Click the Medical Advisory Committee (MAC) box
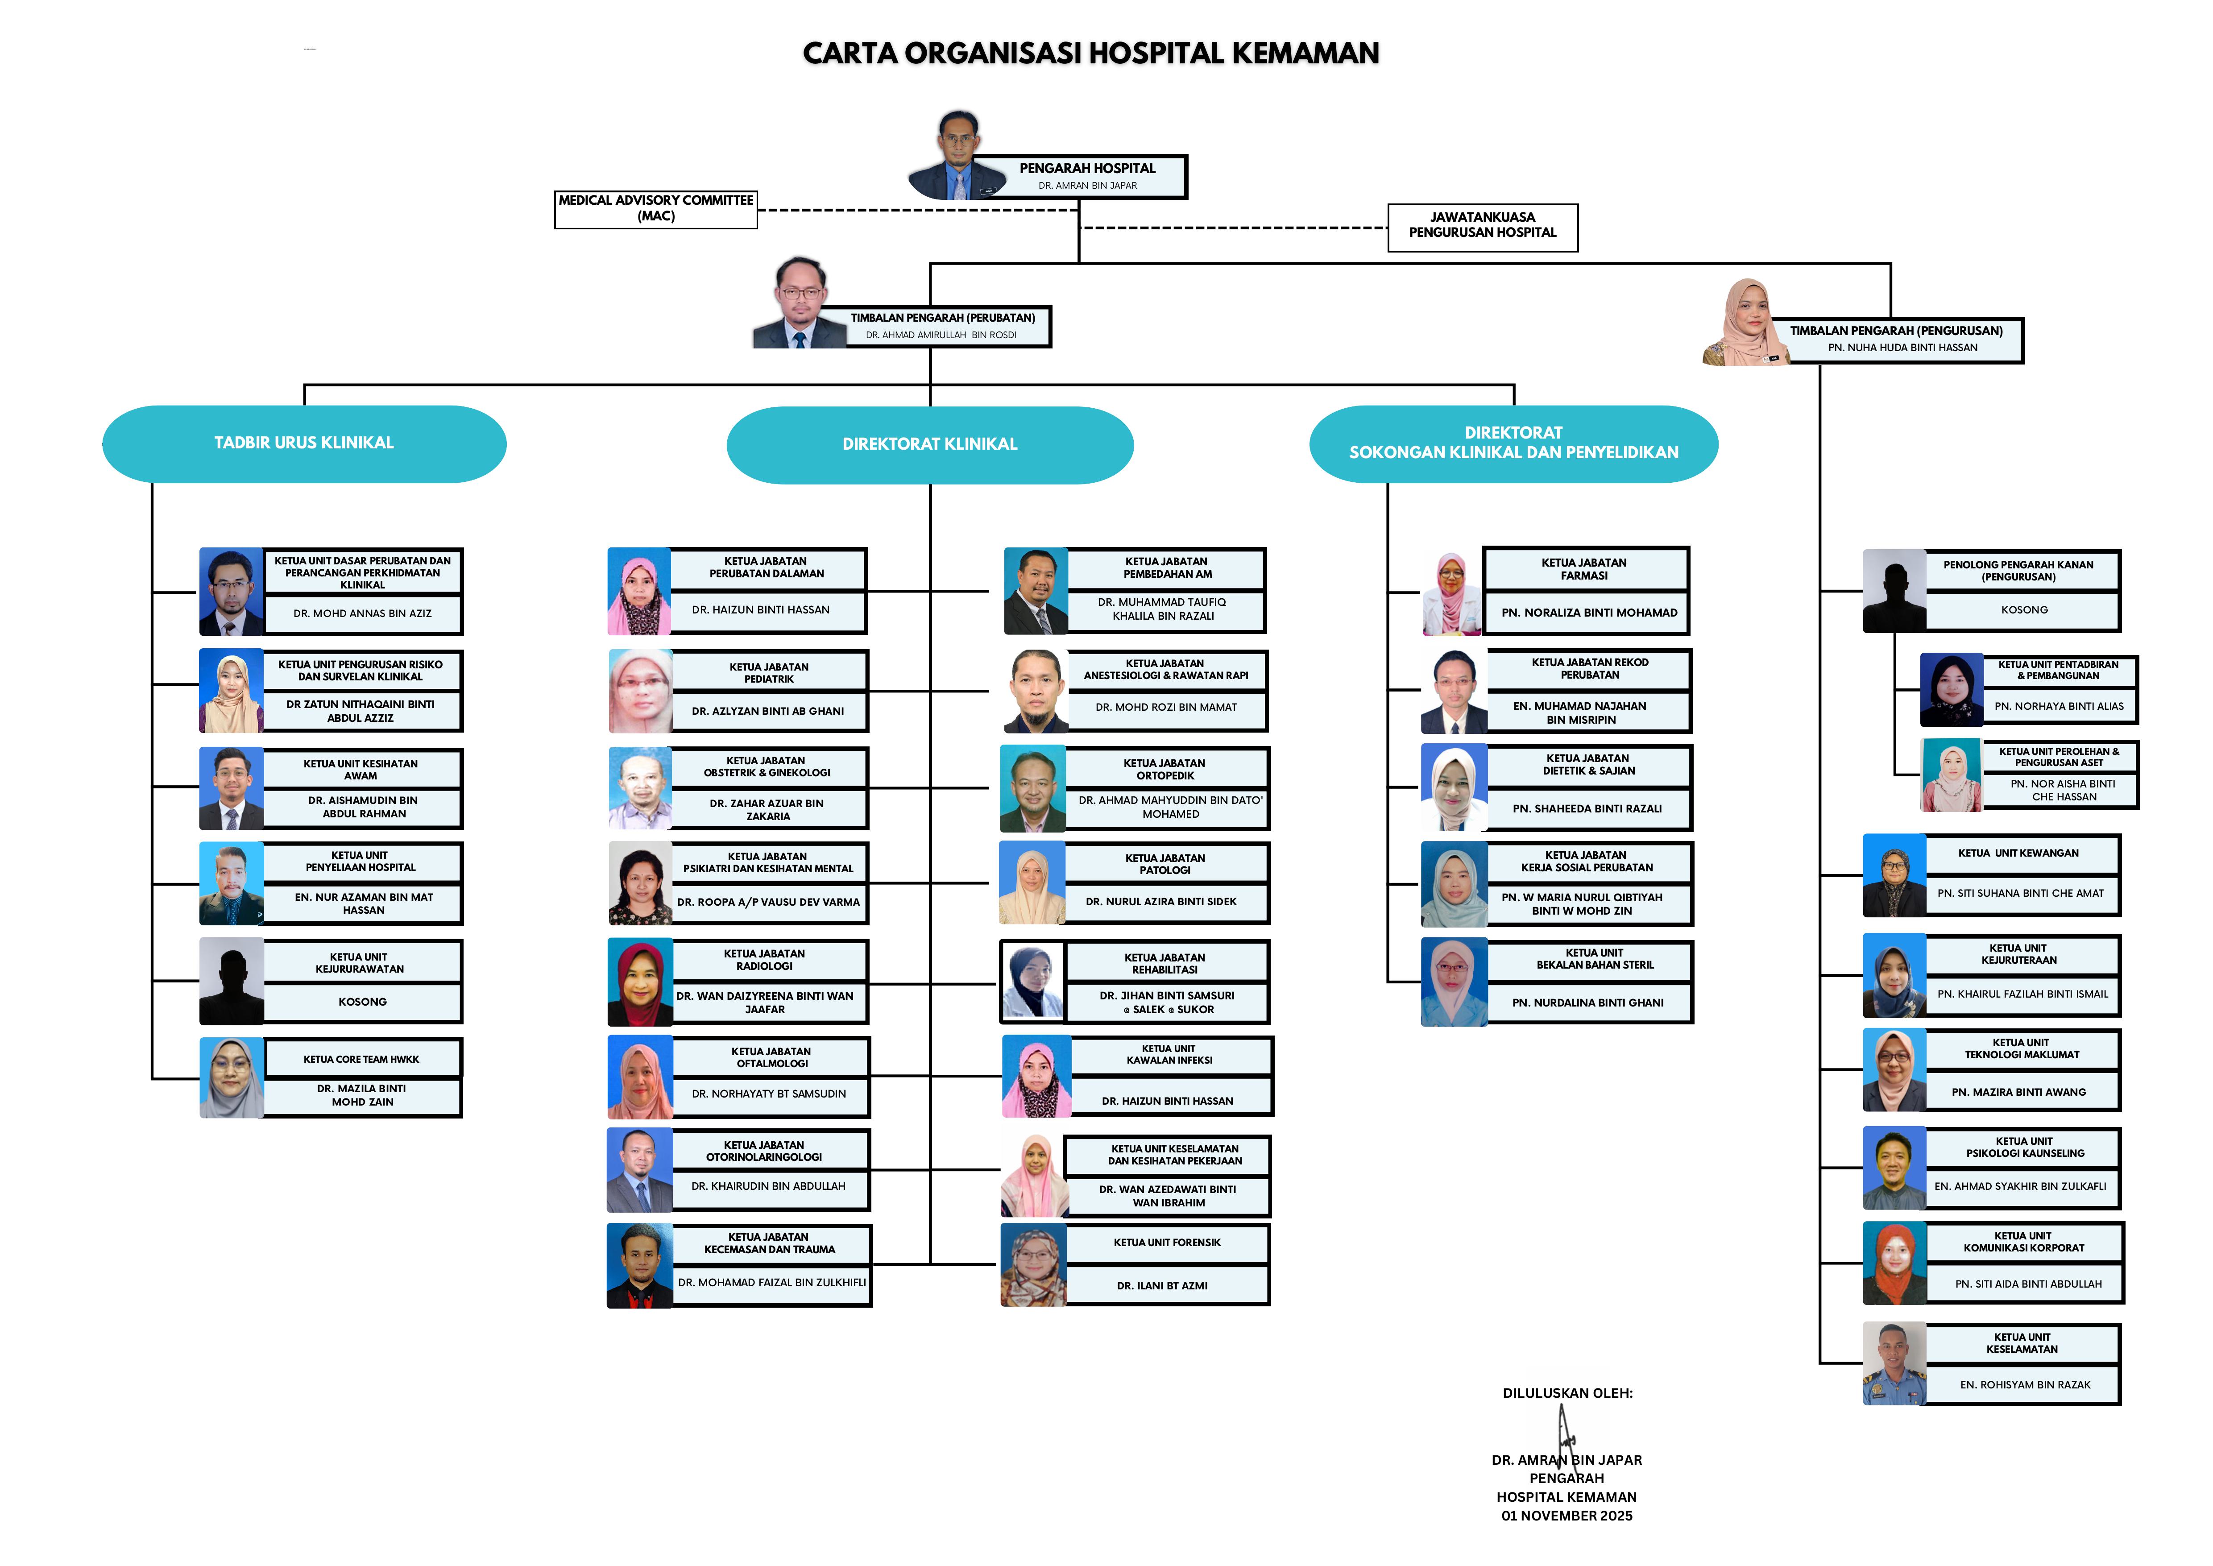[x=656, y=209]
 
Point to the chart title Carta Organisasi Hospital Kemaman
[x=1090, y=53]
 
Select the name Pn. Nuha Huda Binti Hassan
[x=1902, y=348]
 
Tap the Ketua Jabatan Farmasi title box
[x=1585, y=569]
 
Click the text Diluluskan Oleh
[x=1567, y=1393]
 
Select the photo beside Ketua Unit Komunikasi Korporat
[x=1895, y=1263]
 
